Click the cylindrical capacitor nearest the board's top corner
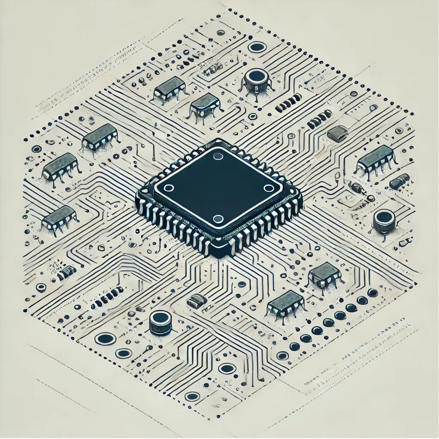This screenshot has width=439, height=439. coord(257,78)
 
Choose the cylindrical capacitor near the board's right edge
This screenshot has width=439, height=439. coord(383,219)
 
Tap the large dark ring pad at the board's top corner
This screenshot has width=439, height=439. coord(257,47)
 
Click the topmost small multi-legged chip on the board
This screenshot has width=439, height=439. coord(170,87)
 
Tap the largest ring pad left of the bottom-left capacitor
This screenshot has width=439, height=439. coord(105,339)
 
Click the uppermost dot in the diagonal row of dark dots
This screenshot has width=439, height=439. coord(372,293)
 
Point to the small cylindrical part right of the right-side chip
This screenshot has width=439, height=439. coord(399,182)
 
